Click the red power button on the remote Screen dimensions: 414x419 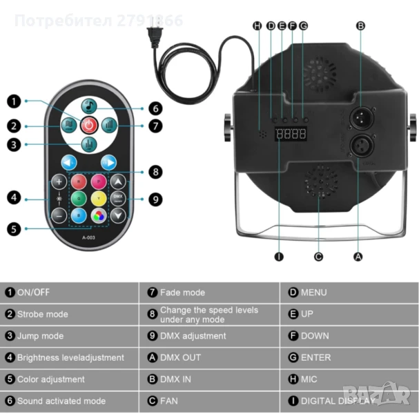[89, 125]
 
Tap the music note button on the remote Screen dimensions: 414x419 [89, 106]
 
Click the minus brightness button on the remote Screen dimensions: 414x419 [59, 215]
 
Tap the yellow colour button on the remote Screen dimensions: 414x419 [99, 199]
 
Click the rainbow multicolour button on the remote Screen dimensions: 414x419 [99, 215]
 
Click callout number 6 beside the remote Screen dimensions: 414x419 [156, 108]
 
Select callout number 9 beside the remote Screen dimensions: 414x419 [156, 199]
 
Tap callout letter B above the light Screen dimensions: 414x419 [360, 26]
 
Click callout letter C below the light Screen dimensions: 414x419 [318, 257]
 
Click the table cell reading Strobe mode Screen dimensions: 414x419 [69, 314]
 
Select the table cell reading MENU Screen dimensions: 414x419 [349, 293]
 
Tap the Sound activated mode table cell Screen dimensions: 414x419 [69, 400]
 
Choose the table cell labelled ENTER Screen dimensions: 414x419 [349, 357]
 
